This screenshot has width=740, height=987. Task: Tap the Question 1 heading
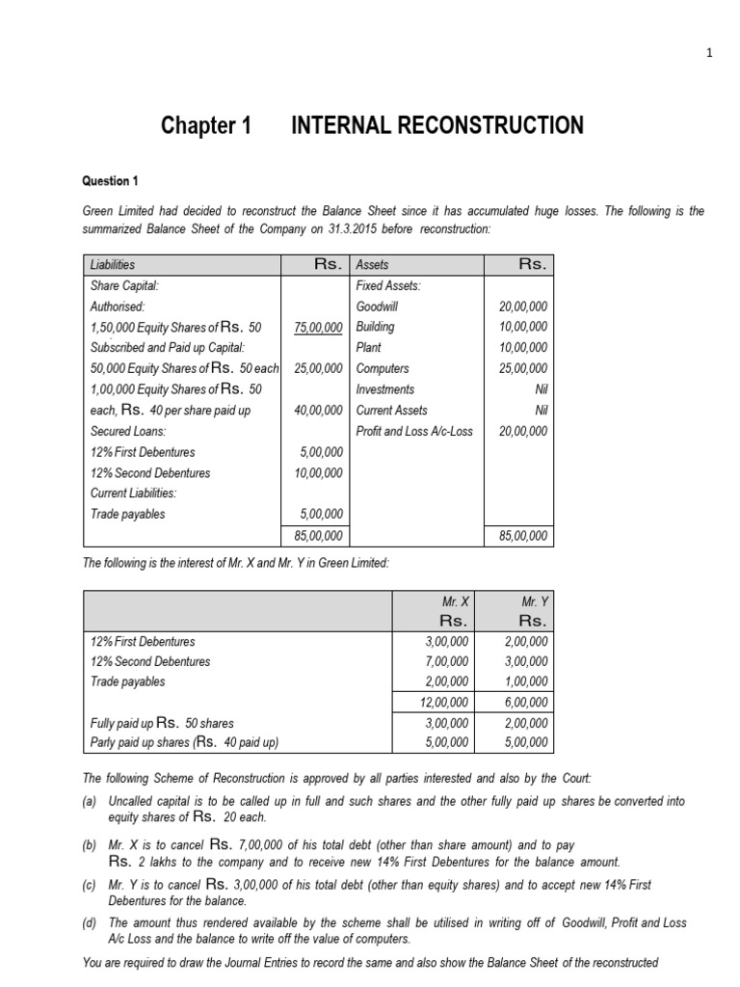tap(116, 181)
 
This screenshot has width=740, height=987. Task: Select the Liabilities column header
tap(112, 264)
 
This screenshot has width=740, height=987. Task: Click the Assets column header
tap(373, 264)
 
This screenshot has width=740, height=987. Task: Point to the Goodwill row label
tap(377, 307)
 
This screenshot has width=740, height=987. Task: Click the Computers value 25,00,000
tap(523, 368)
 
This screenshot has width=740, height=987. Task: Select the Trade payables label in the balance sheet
tap(127, 514)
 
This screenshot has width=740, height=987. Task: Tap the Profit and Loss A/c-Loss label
tap(414, 431)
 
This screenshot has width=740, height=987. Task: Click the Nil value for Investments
tap(538, 389)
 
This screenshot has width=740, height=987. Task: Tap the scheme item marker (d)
tap(91, 923)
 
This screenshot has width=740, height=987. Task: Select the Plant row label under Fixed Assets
tap(368, 348)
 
